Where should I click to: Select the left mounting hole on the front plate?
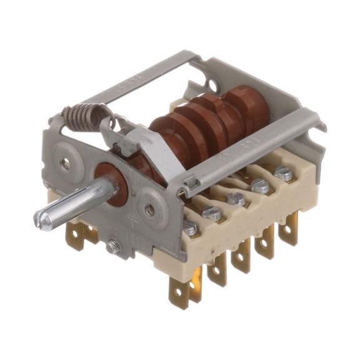point(66,164)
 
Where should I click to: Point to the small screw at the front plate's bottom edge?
point(112,246)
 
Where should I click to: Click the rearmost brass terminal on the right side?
point(289,228)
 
